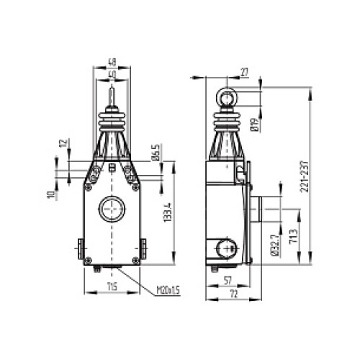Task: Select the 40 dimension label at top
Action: [112, 73]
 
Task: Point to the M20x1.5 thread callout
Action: [168, 292]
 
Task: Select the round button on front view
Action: [112, 210]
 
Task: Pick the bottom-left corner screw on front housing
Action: [87, 260]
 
